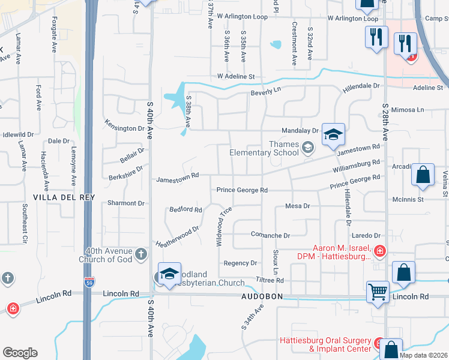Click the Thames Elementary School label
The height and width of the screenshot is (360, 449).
tap(264, 148)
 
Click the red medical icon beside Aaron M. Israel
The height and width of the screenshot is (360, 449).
tap(379, 251)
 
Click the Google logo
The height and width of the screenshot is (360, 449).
tap(20, 353)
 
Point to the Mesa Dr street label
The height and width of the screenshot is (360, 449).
tap(297, 206)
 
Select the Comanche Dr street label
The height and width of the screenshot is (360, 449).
tap(270, 235)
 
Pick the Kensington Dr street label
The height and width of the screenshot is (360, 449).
tap(124, 128)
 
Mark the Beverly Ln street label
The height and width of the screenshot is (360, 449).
tap(266, 90)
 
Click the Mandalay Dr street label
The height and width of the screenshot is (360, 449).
tap(300, 130)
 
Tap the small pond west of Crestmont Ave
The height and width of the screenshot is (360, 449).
tap(276, 44)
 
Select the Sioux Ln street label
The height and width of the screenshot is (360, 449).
tap(276, 262)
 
